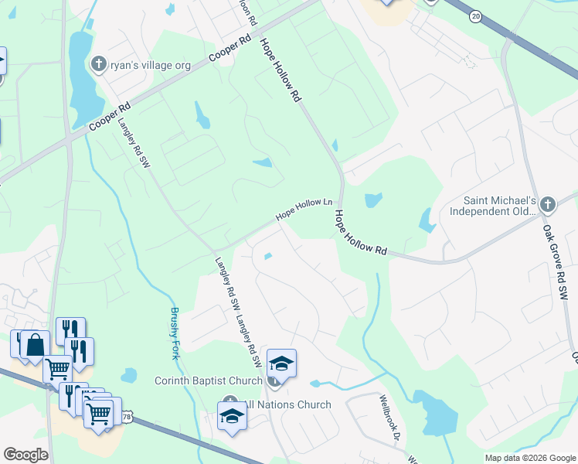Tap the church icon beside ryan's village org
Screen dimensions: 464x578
[x=99, y=64]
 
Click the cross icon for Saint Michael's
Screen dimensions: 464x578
[x=548, y=205]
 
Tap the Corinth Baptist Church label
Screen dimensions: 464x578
[x=209, y=380]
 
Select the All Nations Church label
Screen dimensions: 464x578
[x=287, y=404]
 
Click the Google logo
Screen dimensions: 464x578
[x=25, y=455]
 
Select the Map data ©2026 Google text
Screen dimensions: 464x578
[x=529, y=458]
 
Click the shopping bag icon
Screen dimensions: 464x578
[x=36, y=346]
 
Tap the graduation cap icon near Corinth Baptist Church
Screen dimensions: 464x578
[x=281, y=363]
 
